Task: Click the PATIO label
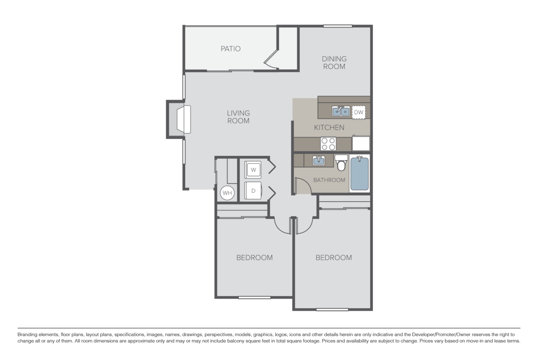(x=230, y=49)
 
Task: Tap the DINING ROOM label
(x=334, y=62)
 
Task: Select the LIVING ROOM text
(x=238, y=117)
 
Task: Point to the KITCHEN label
(x=329, y=127)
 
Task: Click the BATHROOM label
(x=329, y=180)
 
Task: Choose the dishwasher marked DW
(x=358, y=112)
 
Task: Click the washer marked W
(x=253, y=170)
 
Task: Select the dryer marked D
(x=253, y=191)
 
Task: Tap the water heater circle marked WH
(x=227, y=193)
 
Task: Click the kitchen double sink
(x=341, y=111)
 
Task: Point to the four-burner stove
(x=328, y=144)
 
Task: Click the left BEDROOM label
(x=255, y=258)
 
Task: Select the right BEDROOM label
(x=333, y=258)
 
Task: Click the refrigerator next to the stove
(x=360, y=143)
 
